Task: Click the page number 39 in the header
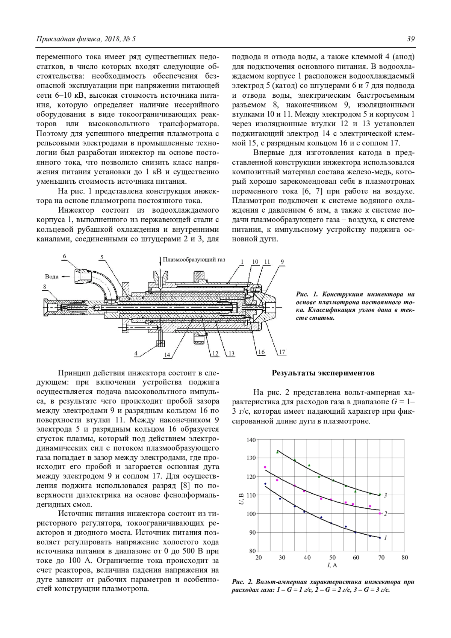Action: click(x=410, y=39)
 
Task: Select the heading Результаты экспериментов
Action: click(x=323, y=373)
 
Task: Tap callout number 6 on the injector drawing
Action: click(x=65, y=256)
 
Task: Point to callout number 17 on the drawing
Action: click(x=281, y=352)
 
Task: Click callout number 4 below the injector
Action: click(x=136, y=353)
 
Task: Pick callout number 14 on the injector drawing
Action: click(x=167, y=354)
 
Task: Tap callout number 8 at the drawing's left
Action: click(x=45, y=287)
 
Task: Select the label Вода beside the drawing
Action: click(x=52, y=277)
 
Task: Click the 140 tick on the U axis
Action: click(x=251, y=440)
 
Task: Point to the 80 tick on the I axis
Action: click(x=404, y=558)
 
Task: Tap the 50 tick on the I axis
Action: click(x=332, y=558)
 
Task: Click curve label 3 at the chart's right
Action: click(x=386, y=495)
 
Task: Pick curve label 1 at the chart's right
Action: click(x=386, y=538)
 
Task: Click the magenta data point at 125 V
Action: click(x=265, y=467)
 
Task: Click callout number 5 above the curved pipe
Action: click(x=102, y=257)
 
